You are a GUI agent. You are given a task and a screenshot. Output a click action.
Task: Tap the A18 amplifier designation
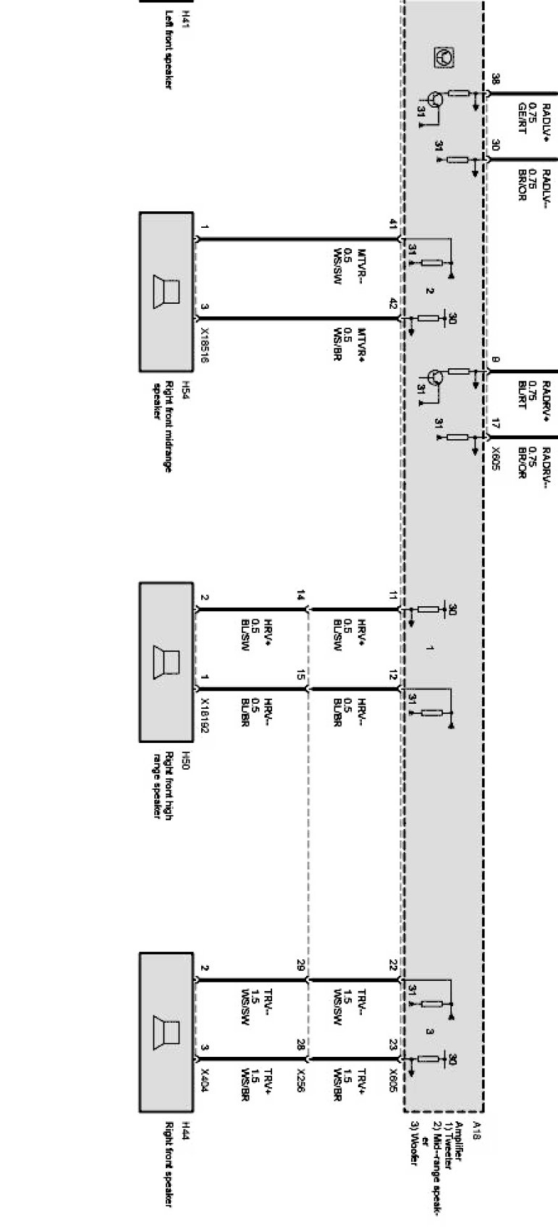[475, 1130]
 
